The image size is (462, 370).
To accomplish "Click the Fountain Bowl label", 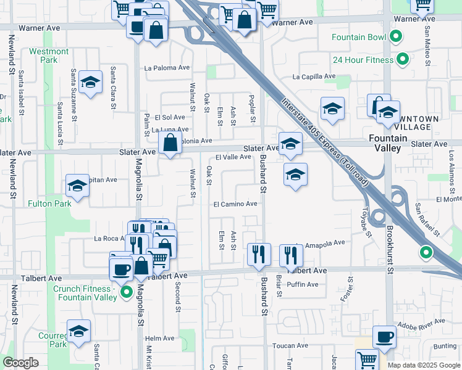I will tap(358, 37).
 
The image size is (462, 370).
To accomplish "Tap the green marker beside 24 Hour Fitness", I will tap(403, 60).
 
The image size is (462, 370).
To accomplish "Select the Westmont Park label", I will tap(49, 55).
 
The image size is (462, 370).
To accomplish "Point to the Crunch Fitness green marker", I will tap(127, 292).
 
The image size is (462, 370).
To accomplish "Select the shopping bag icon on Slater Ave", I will tap(169, 143).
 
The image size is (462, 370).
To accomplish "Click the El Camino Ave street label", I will tap(235, 203).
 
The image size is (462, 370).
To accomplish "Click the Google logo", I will tap(21, 363).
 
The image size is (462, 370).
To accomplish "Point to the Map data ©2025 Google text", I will tap(423, 365).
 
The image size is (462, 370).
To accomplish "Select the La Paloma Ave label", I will tap(167, 68).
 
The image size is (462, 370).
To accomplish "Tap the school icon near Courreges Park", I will tap(78, 331).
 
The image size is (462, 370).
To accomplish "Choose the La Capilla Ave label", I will tap(314, 77).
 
